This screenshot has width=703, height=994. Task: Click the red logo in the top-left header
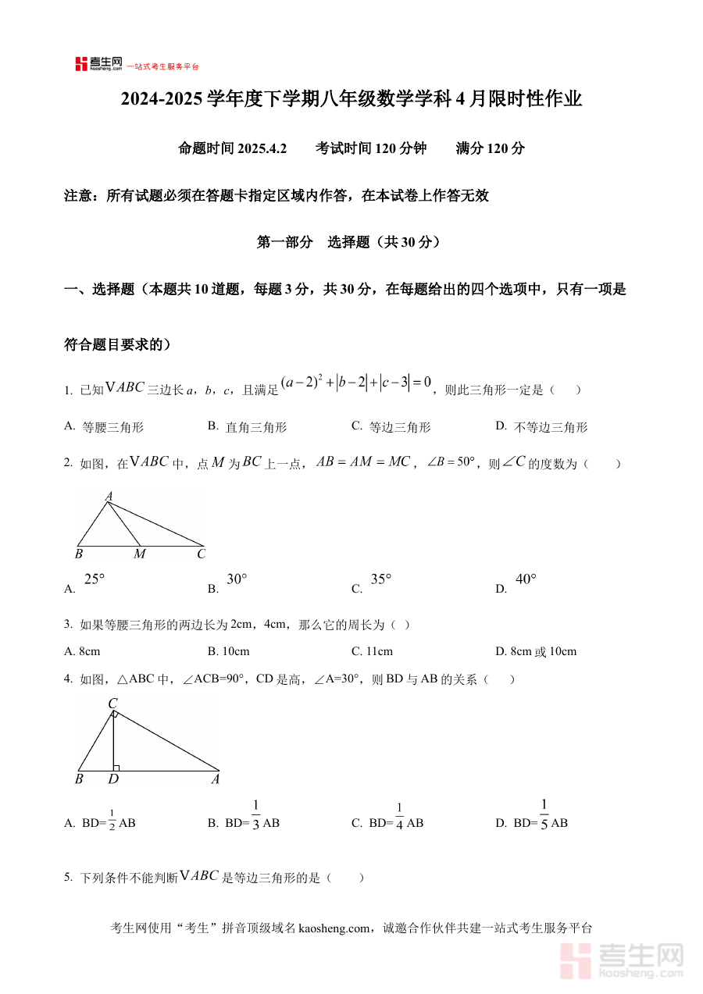tap(81, 64)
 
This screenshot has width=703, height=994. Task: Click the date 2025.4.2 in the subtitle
tap(262, 148)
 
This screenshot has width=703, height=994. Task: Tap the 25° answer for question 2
tap(94, 579)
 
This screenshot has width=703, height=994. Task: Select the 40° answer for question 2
tap(526, 579)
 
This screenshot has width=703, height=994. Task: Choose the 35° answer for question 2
tap(381, 579)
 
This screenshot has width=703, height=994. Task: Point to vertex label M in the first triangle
tap(140, 554)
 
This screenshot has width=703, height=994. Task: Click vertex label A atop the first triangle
tap(109, 496)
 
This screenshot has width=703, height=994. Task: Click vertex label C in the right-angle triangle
tap(112, 704)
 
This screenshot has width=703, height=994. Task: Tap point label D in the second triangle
tap(114, 779)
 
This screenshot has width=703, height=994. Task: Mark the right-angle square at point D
tap(116, 768)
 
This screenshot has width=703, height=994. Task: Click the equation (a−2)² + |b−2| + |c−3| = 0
tap(356, 383)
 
